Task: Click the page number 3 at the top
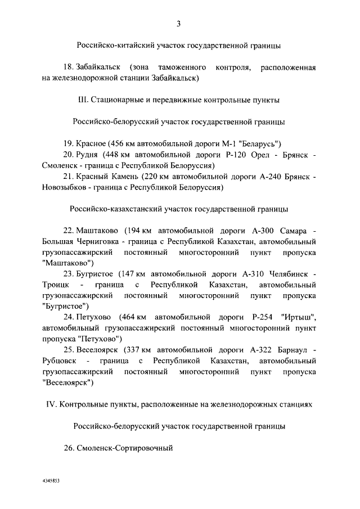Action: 179,24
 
